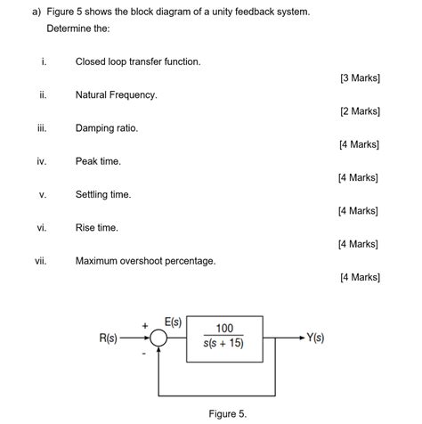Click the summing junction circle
pyautogui.click(x=158, y=338)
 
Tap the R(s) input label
pyautogui.click(x=111, y=338)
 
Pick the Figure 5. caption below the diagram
pyautogui.click(x=228, y=413)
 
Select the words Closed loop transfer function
pyautogui.click(x=138, y=61)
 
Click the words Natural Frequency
pyautogui.click(x=117, y=94)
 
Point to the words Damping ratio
pyautogui.click(x=107, y=128)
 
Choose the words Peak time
pyautogui.click(x=98, y=161)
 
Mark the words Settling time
pyautogui.click(x=103, y=194)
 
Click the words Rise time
pyautogui.click(x=97, y=228)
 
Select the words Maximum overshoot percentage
pyautogui.click(x=145, y=261)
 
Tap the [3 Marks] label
pyautogui.click(x=360, y=78)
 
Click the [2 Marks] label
pyautogui.click(x=360, y=111)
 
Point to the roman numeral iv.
pyautogui.click(x=41, y=161)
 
